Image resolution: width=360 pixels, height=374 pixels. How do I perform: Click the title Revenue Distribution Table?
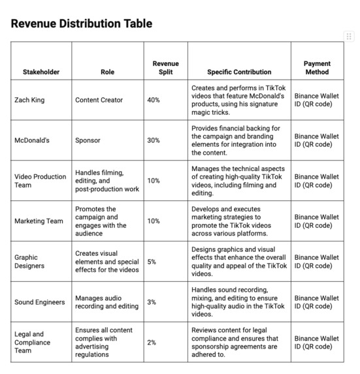click(82, 24)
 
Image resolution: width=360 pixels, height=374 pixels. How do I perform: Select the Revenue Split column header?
click(165, 68)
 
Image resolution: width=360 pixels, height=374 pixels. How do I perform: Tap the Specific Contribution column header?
click(239, 72)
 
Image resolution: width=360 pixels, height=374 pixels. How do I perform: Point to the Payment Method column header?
click(317, 68)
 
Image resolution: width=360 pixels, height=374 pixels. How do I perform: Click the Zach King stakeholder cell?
click(31, 100)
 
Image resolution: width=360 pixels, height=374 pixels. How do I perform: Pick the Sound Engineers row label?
click(40, 302)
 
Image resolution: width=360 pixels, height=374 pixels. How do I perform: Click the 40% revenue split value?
click(154, 100)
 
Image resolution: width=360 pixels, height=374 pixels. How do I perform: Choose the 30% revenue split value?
click(154, 140)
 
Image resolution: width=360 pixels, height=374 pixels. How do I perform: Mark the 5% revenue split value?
click(152, 262)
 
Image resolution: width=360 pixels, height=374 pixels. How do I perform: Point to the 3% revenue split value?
click(152, 302)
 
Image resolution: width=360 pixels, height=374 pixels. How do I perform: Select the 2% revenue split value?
click(152, 343)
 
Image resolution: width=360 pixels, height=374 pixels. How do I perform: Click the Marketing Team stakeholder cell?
click(39, 221)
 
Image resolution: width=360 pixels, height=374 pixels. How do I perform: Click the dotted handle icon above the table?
click(350, 35)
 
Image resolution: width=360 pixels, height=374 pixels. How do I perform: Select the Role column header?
click(107, 72)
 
